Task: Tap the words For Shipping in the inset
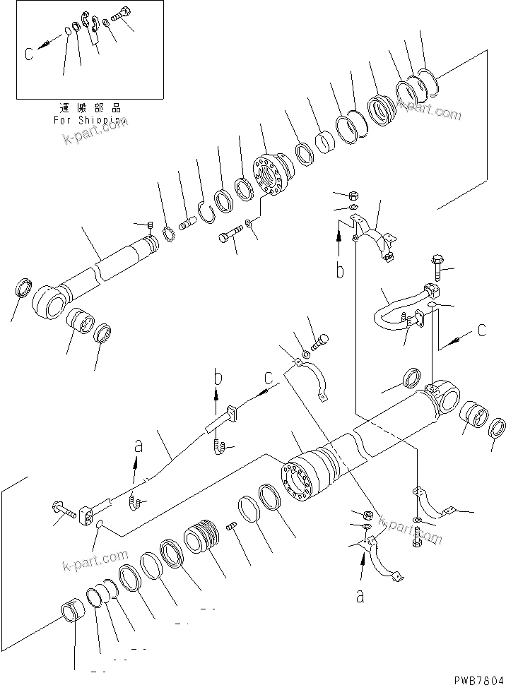88,120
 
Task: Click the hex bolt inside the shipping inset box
124,15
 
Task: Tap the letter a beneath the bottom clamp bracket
360,597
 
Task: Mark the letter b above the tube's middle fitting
218,379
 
